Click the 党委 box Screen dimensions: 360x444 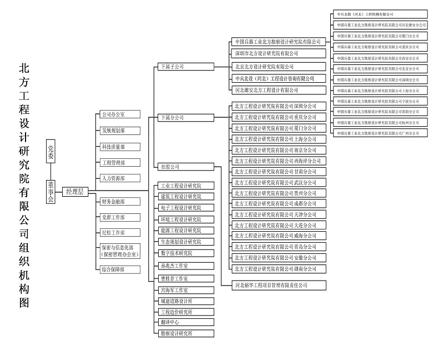tap(51, 152)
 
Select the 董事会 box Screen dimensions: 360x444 tap(51, 191)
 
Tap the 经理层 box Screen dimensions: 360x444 tap(74, 191)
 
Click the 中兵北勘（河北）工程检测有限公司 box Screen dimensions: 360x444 tap(381, 14)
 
